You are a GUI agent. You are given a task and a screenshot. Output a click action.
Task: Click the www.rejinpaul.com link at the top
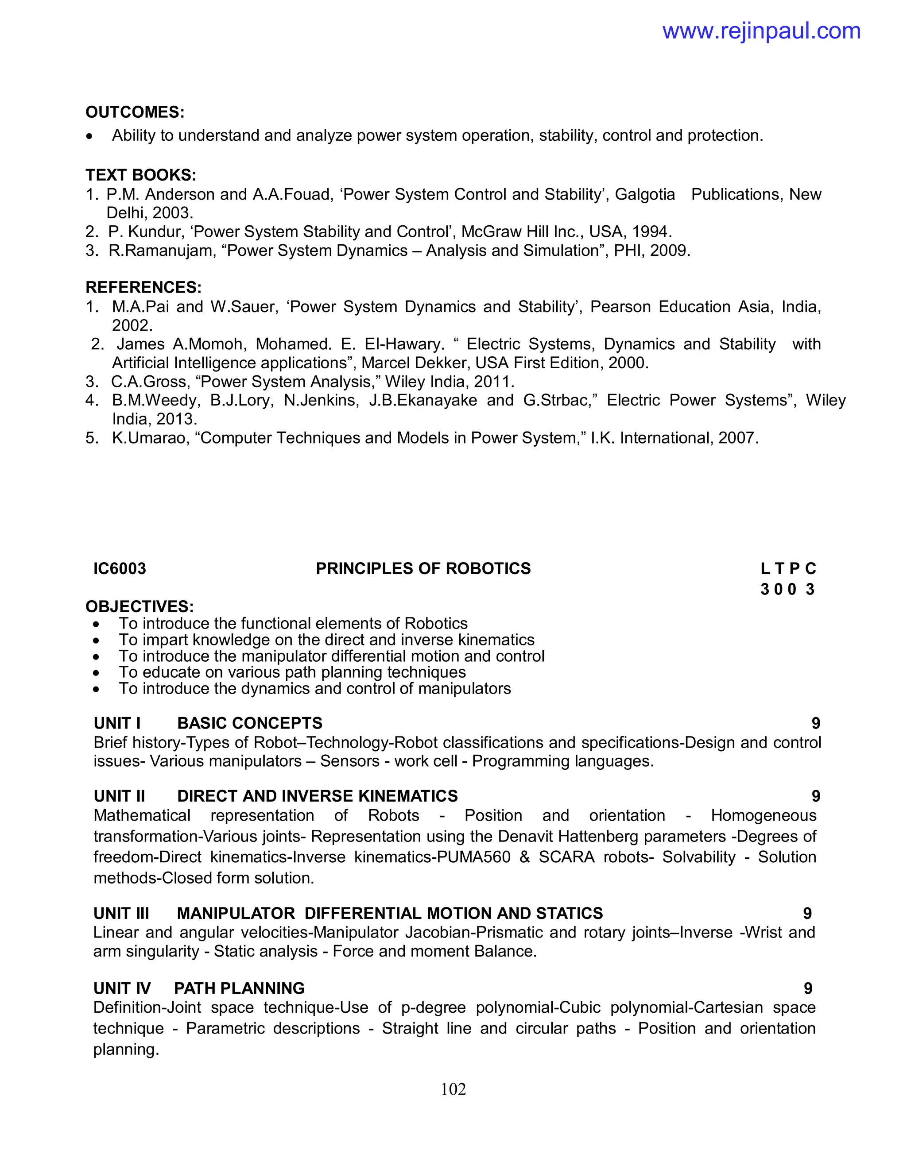click(x=761, y=31)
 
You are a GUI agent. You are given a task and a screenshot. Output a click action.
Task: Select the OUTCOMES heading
click(x=135, y=112)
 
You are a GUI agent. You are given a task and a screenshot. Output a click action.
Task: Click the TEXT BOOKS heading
click(x=141, y=175)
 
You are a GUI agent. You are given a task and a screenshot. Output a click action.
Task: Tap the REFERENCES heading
click(x=143, y=287)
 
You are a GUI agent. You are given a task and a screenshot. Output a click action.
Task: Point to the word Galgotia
click(x=644, y=194)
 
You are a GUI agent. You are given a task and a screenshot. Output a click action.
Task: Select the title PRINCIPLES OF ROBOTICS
click(x=423, y=569)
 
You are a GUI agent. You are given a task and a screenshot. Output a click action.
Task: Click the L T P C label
click(x=788, y=569)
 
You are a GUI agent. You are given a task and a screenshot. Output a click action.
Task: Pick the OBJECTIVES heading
click(x=140, y=607)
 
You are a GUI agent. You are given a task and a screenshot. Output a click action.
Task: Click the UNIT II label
click(x=119, y=796)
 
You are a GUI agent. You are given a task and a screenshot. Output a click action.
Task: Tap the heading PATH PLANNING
click(x=239, y=988)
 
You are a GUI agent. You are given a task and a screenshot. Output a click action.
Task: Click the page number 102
click(x=453, y=1089)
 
